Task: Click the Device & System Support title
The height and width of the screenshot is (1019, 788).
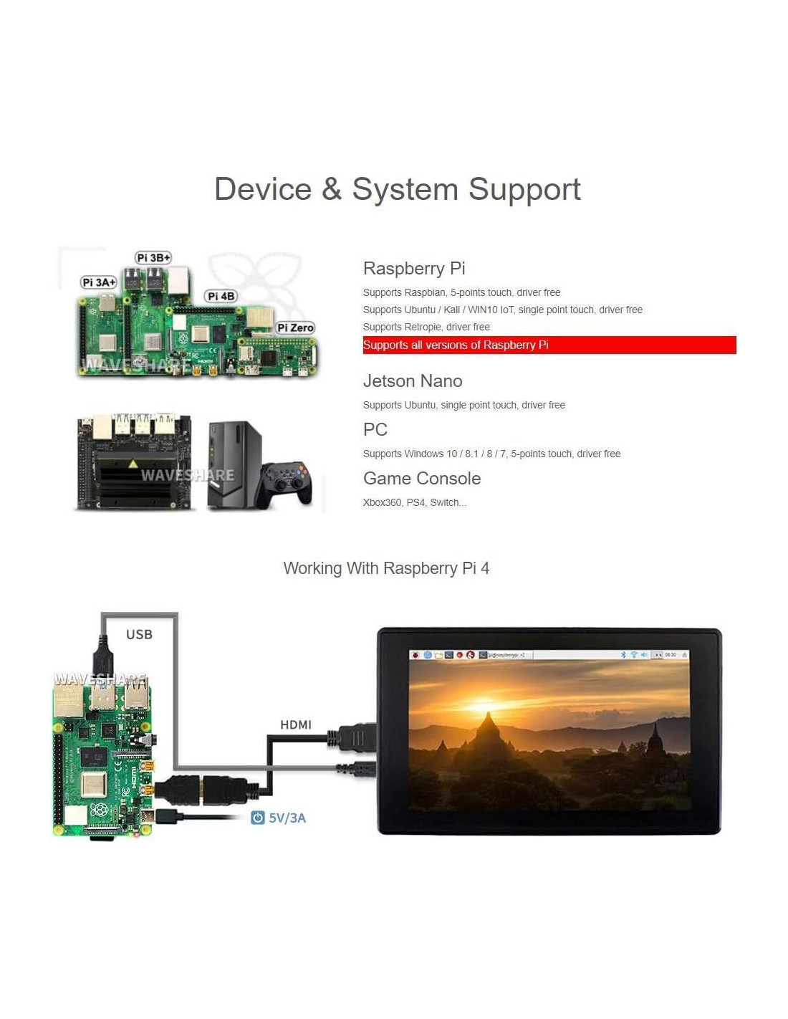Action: coord(398,190)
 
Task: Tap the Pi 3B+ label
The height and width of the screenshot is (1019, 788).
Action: coord(153,258)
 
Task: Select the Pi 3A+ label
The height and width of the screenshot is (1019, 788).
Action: coord(99,282)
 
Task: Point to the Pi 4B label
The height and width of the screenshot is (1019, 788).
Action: coord(221,296)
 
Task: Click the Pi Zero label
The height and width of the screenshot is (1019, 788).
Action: coord(295,327)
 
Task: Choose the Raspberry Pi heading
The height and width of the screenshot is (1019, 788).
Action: coord(414,269)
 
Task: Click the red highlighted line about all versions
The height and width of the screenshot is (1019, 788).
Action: coord(549,345)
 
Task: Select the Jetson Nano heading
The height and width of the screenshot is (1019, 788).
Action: coord(413,381)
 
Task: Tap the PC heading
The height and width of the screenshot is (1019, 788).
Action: coord(375,430)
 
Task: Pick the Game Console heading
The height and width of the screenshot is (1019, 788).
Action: coord(422,479)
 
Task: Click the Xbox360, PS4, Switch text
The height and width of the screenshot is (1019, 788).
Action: coord(415,502)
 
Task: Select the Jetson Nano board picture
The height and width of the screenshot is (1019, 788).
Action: coord(134,461)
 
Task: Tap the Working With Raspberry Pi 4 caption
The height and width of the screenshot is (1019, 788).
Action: coord(386,568)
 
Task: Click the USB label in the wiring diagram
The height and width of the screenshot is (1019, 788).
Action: coord(139,634)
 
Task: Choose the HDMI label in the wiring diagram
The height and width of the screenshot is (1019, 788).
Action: coord(296,724)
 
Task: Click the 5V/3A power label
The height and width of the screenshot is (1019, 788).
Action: coord(287,818)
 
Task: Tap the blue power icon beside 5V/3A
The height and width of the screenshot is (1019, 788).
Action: coord(258,818)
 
